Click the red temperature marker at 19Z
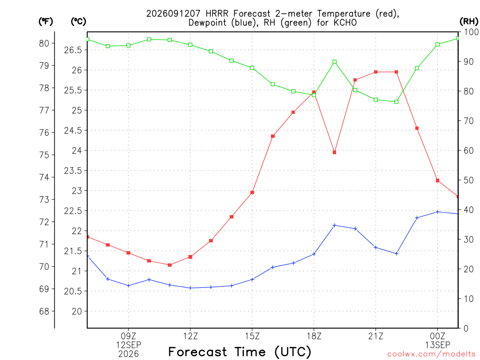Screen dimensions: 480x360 pyautogui.click(x=335, y=152)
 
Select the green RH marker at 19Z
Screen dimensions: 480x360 pyautogui.click(x=335, y=62)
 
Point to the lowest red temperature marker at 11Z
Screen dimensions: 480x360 pyautogui.click(x=170, y=265)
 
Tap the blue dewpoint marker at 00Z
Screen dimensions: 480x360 pyautogui.click(x=437, y=212)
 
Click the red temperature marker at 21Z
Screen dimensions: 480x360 pyautogui.click(x=375, y=72)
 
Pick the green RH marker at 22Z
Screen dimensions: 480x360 pyautogui.click(x=397, y=102)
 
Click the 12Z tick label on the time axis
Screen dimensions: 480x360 pyautogui.click(x=190, y=336)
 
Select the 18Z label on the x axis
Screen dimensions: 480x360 pyautogui.click(x=314, y=336)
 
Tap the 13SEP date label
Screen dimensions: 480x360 pyautogui.click(x=438, y=345)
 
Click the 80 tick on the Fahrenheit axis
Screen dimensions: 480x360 pyautogui.click(x=44, y=44)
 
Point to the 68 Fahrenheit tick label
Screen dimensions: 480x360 pyautogui.click(x=44, y=311)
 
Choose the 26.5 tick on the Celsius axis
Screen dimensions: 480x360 pyautogui.click(x=73, y=50)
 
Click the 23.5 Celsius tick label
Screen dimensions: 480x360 pyautogui.click(x=73, y=171)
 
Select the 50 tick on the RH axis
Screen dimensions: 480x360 pyautogui.click(x=469, y=180)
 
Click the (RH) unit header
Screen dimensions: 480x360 pyautogui.click(x=469, y=22)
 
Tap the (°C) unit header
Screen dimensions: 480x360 pyautogui.click(x=78, y=22)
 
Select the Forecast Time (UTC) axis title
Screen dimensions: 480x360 pyautogui.click(x=240, y=352)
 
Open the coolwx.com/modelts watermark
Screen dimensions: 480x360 pyautogui.click(x=431, y=354)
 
